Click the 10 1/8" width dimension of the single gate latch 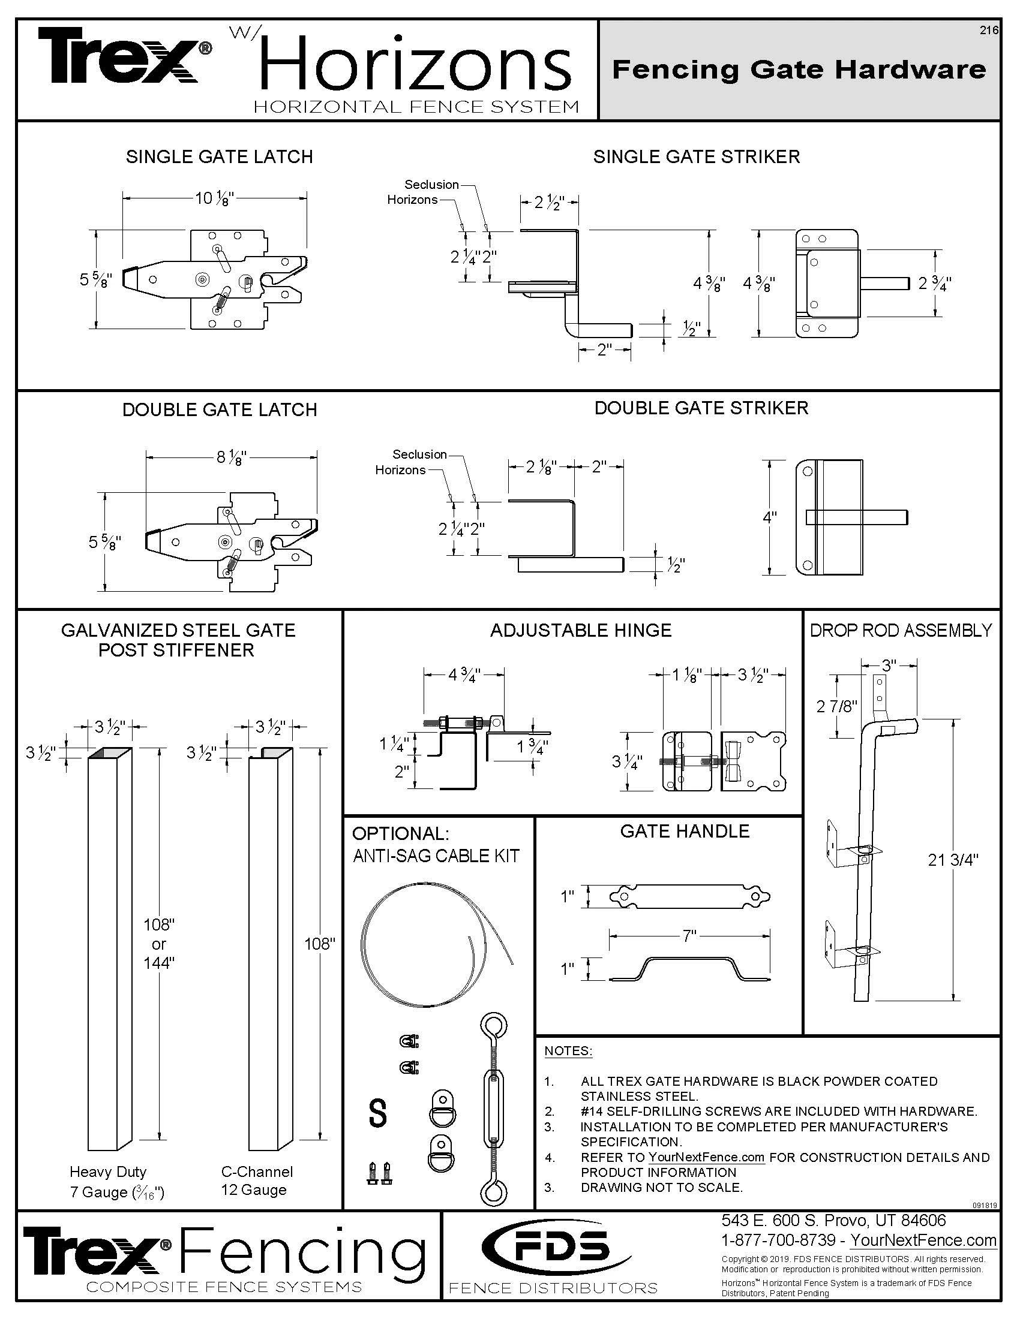tap(214, 198)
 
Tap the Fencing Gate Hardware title tap(799, 70)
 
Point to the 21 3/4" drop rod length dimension tap(953, 860)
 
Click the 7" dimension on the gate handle tap(689, 936)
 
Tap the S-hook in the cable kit tap(377, 1113)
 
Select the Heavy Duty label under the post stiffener tap(107, 1172)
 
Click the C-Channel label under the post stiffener tap(257, 1172)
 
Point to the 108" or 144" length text tap(159, 943)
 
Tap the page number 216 tap(989, 31)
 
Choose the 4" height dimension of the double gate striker tap(769, 517)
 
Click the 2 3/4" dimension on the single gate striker tap(934, 283)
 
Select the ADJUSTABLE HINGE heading tap(580, 631)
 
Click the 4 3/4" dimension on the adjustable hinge tap(463, 674)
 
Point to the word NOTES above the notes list tap(568, 1050)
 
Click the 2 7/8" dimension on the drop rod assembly tap(836, 707)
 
